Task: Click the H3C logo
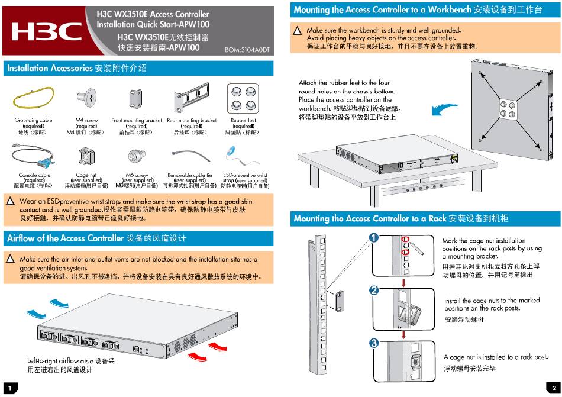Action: [x=47, y=31]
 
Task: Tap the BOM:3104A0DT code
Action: [x=247, y=50]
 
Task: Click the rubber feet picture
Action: [x=243, y=98]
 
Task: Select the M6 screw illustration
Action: [x=134, y=156]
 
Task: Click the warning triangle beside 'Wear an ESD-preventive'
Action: [x=10, y=202]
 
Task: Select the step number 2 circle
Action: [x=374, y=291]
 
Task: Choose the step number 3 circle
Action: [x=374, y=343]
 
